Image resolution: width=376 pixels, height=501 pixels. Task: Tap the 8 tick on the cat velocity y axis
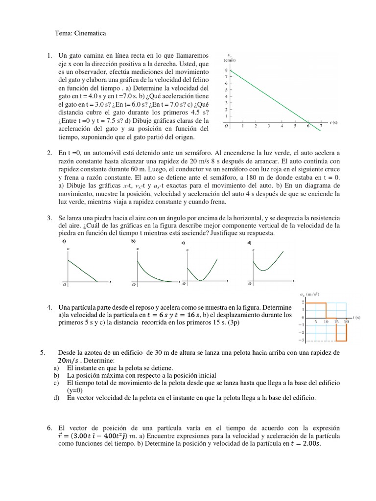point(226,70)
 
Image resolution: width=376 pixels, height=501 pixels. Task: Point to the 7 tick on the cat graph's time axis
point(321,126)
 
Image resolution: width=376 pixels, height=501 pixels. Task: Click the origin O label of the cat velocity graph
point(226,126)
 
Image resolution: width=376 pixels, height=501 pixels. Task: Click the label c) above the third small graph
point(183,243)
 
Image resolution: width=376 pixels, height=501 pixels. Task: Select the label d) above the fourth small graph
point(249,243)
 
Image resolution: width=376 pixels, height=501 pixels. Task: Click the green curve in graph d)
point(267,264)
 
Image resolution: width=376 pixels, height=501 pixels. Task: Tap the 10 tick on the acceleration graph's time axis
point(326,321)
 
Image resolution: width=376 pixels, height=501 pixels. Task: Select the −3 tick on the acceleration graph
point(303,340)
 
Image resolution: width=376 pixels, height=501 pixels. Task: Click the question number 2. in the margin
point(49,154)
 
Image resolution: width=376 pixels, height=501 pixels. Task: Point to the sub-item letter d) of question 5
point(56,399)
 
